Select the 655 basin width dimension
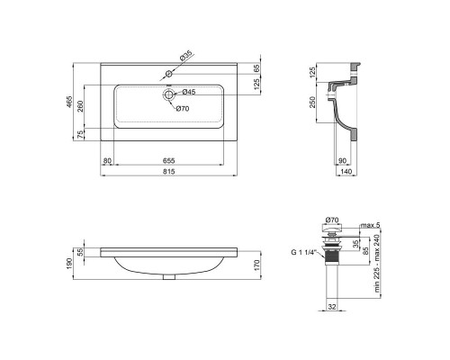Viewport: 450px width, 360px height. [169, 161]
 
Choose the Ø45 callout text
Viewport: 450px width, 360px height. [189, 93]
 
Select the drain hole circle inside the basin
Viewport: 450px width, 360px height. [168, 93]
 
